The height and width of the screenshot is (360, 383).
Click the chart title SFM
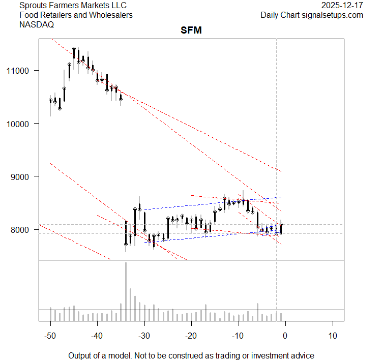tap(191, 31)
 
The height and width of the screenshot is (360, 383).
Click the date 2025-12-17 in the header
tap(342, 6)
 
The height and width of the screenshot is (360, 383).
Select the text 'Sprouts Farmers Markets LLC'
tap(72, 6)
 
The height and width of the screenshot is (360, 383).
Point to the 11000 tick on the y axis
tap(22, 70)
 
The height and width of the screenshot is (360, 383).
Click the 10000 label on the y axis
tap(22, 124)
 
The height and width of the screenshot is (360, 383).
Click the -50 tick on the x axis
tap(50, 336)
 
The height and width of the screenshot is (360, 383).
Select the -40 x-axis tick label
tap(97, 336)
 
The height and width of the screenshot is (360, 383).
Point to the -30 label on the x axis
tap(144, 336)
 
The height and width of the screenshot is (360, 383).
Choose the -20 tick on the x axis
tap(191, 336)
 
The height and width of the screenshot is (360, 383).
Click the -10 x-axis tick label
tap(238, 336)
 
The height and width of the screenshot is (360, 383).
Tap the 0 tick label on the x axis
tap(285, 336)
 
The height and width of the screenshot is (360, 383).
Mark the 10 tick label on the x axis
tap(332, 336)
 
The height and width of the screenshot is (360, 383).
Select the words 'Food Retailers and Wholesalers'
tap(76, 15)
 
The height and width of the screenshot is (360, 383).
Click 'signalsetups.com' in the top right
tap(333, 15)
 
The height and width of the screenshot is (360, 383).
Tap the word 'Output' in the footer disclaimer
tap(80, 355)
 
